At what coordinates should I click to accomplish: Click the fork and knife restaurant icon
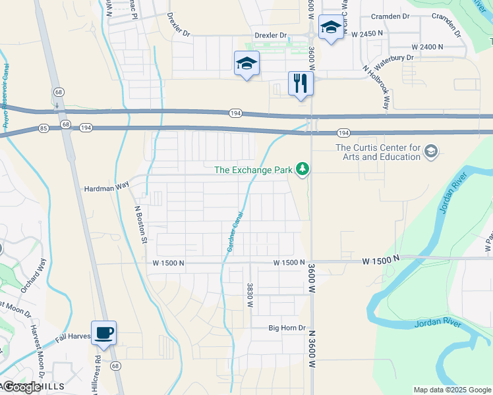(301, 83)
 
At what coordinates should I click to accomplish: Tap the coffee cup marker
(103, 333)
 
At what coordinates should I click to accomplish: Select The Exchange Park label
(253, 170)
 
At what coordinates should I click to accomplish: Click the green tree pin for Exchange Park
(303, 170)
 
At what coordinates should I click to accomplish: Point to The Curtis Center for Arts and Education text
(378, 152)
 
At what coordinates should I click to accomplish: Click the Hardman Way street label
(106, 188)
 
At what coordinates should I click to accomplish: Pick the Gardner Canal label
(235, 232)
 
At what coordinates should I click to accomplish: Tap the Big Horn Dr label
(287, 328)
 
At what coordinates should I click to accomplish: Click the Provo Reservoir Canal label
(6, 96)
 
